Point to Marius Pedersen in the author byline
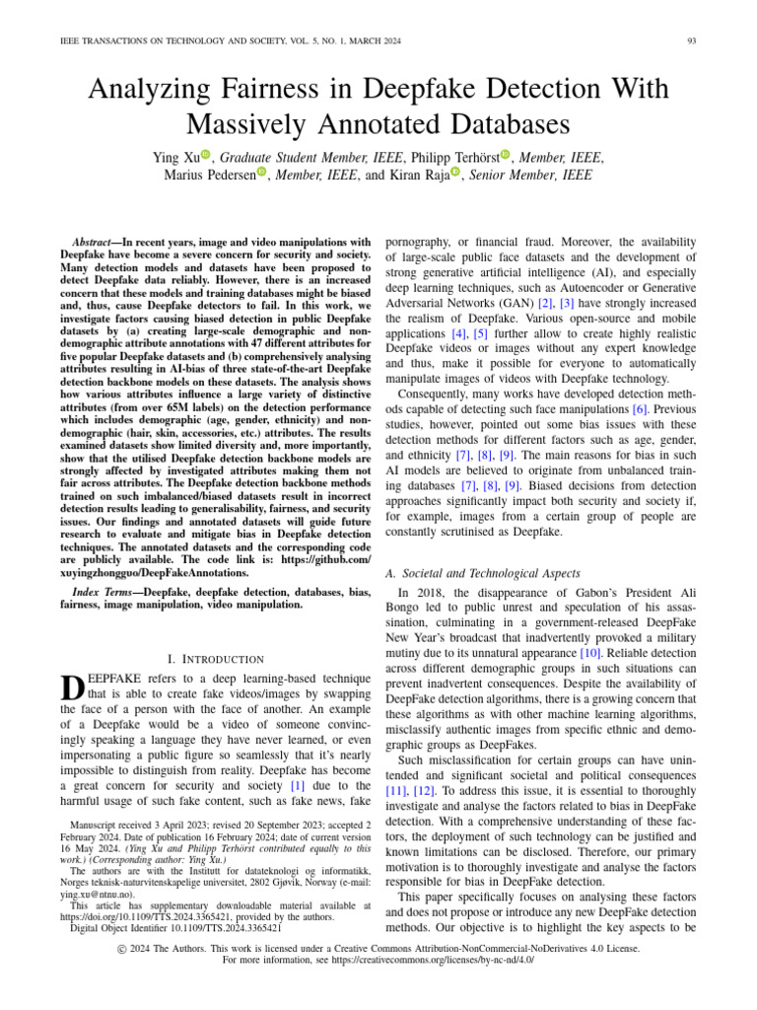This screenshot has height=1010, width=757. [x=208, y=176]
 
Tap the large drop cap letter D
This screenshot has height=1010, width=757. [x=73, y=691]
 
